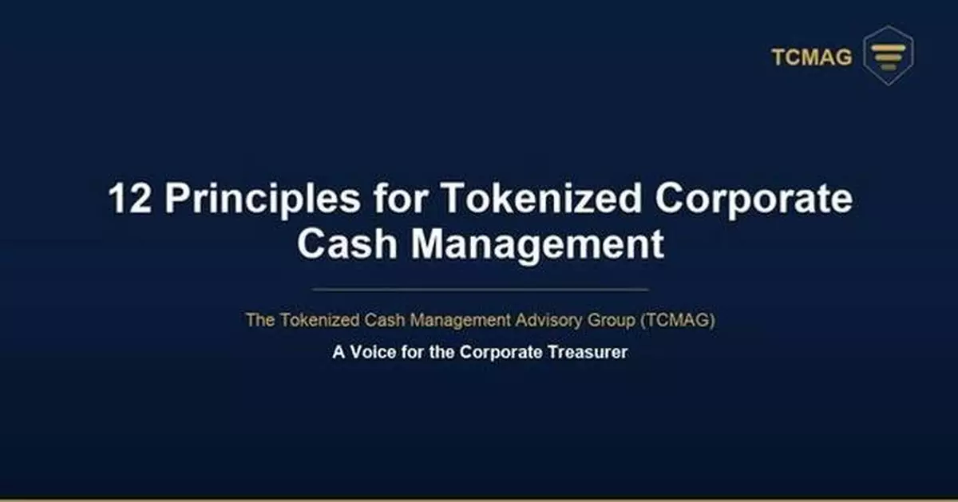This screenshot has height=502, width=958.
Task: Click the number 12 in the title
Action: (130, 199)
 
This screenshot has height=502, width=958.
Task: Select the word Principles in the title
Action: (263, 199)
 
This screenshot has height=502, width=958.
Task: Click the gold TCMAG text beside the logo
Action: (811, 57)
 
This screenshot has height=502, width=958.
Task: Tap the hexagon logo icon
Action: (889, 56)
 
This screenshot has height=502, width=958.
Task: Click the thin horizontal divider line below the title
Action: (479, 289)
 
